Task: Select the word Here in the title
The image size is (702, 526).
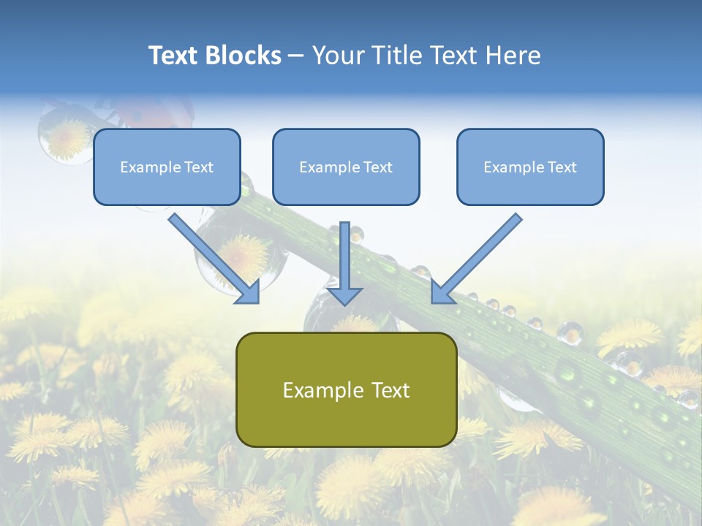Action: (x=515, y=56)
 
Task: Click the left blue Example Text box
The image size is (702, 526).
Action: (x=167, y=167)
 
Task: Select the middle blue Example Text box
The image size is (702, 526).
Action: (x=346, y=167)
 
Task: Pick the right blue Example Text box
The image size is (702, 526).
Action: (x=530, y=167)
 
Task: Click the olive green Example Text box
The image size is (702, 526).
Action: (x=346, y=389)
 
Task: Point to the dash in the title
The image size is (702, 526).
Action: (x=296, y=56)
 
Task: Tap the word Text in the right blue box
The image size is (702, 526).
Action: (x=562, y=167)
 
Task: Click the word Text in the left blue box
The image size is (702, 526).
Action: (x=198, y=167)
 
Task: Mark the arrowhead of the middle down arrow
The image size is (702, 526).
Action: (x=344, y=294)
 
